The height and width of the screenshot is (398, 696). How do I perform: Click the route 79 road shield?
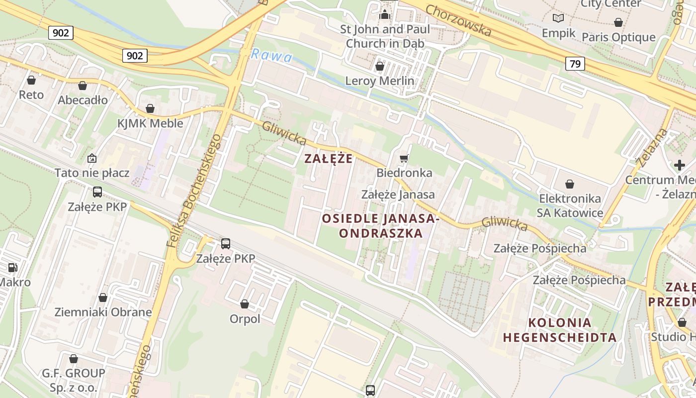(x=575, y=64)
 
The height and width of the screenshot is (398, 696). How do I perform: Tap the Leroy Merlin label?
(x=380, y=81)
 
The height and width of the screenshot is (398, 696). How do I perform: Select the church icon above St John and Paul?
(x=385, y=14)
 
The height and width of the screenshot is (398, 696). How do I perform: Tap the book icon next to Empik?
(x=558, y=18)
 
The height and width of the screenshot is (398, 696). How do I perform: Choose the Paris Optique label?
(x=618, y=37)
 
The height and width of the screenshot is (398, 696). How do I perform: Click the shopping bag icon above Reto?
(x=31, y=80)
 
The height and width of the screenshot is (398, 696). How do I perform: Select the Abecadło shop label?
(x=83, y=100)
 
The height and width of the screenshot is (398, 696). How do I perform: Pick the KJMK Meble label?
(x=150, y=123)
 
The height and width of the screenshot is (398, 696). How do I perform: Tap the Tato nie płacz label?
(x=92, y=173)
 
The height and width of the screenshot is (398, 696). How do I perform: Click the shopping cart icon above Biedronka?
(x=404, y=158)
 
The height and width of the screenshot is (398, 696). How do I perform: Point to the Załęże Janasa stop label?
(x=398, y=195)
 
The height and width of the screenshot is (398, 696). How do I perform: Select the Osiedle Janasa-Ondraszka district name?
(x=380, y=225)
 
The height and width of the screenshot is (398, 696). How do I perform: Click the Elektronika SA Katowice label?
(x=570, y=205)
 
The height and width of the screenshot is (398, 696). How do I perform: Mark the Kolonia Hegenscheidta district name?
(x=560, y=329)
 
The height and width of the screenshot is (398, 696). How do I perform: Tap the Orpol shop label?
(x=245, y=318)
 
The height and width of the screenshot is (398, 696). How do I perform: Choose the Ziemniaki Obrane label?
(x=103, y=312)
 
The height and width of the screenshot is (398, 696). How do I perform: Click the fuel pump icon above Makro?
(x=12, y=268)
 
